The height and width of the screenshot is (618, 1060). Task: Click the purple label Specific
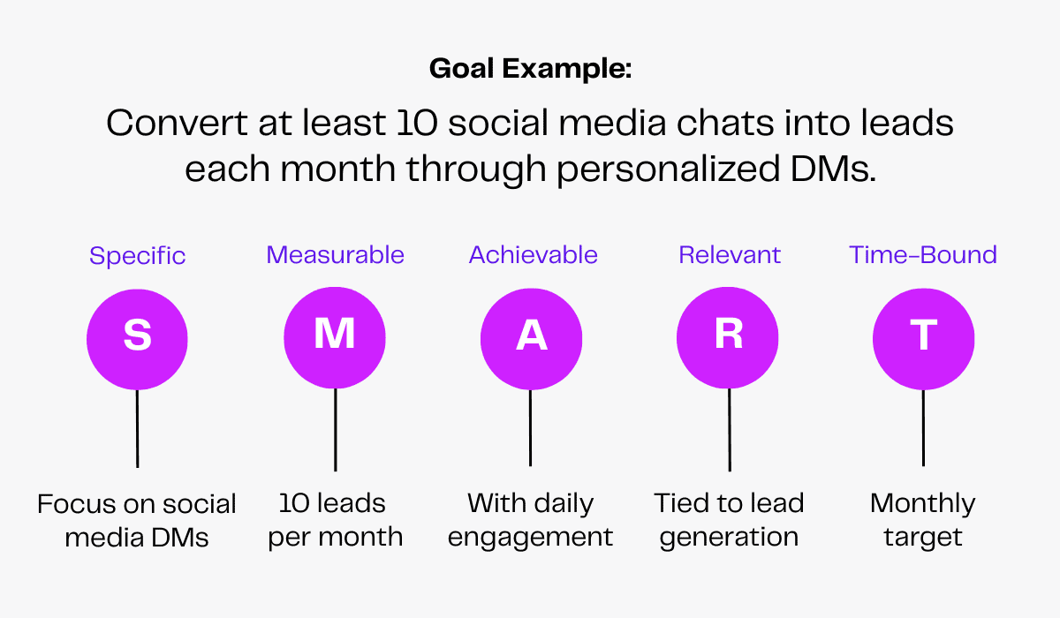(x=137, y=256)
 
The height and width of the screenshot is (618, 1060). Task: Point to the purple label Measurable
(x=335, y=255)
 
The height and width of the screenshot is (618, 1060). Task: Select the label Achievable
(x=533, y=255)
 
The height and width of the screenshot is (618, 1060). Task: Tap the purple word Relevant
(x=730, y=255)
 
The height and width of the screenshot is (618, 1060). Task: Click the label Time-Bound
(x=923, y=255)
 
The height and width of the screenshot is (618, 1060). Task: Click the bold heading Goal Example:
(x=530, y=69)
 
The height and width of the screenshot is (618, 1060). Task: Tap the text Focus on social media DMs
(x=137, y=520)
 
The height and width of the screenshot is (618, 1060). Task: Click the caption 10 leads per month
(x=335, y=520)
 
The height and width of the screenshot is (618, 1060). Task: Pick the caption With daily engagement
(x=530, y=520)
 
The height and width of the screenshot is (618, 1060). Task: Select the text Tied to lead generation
(x=729, y=520)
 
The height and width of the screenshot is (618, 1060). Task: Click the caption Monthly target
(x=923, y=520)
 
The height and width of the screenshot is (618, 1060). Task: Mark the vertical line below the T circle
(x=923, y=427)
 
